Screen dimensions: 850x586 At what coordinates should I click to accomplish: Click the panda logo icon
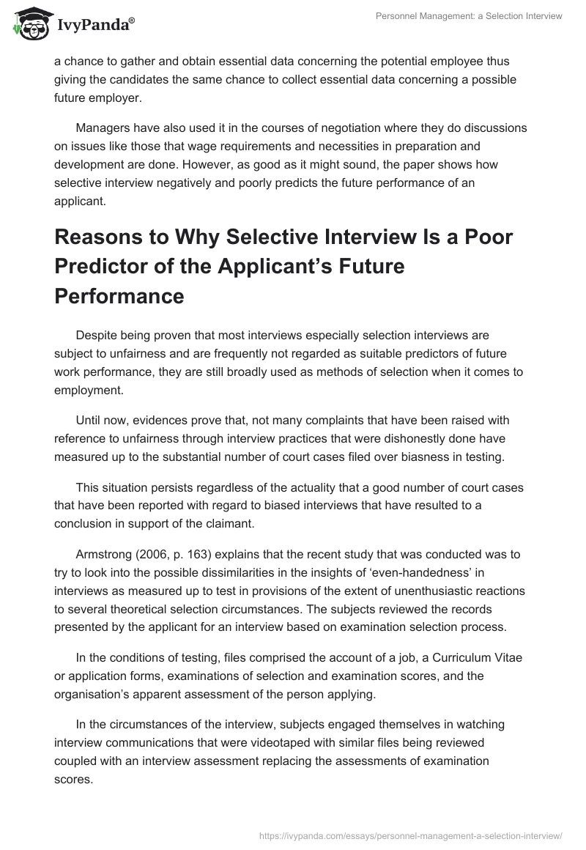[x=28, y=24]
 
